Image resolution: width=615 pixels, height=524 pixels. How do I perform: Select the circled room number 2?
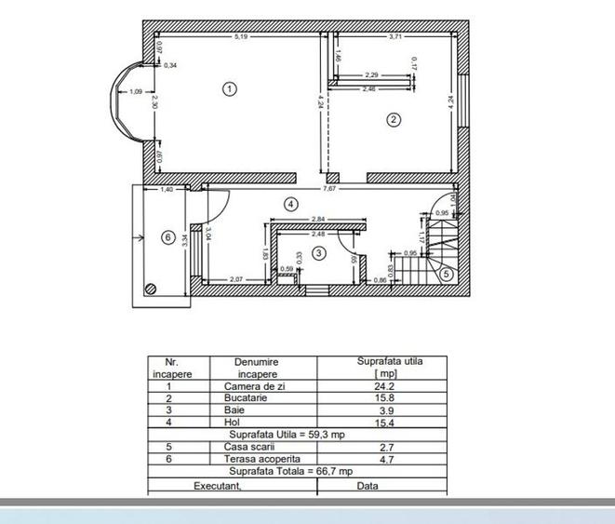(394, 119)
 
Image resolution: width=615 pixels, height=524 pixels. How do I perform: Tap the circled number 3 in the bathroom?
(319, 252)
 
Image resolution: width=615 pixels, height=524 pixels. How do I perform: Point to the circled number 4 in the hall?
(290, 203)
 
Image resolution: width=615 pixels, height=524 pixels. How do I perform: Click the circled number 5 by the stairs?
(447, 274)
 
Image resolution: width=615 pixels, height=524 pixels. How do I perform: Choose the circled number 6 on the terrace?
(168, 237)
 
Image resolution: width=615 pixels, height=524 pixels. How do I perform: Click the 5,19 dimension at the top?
(240, 36)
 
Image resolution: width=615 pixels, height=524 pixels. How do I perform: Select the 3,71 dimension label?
(395, 36)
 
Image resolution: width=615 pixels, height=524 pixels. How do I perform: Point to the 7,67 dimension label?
(329, 189)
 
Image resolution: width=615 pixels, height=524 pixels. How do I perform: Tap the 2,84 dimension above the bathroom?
(318, 219)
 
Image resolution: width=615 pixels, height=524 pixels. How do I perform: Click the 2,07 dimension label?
(236, 280)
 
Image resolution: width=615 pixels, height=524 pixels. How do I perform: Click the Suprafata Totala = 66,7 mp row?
(297, 471)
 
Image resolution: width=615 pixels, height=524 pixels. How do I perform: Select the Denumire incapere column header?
(257, 368)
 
